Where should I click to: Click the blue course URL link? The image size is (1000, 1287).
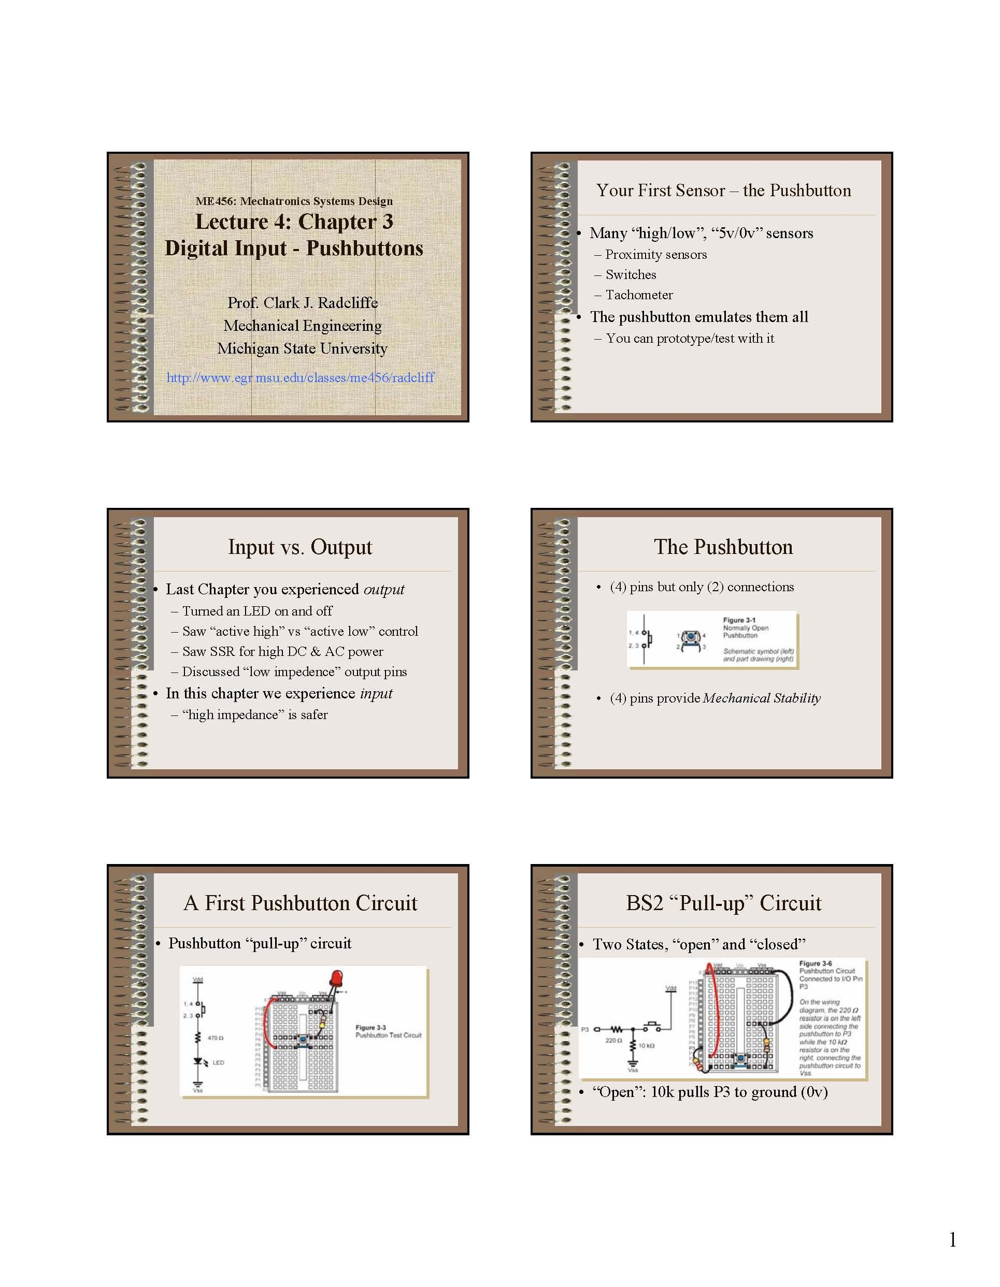pyautogui.click(x=300, y=378)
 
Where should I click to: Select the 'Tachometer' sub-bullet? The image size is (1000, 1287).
pyautogui.click(x=638, y=295)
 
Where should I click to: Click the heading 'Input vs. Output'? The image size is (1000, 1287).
pyautogui.click(x=299, y=547)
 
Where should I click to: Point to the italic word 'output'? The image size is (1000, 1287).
pyautogui.click(x=384, y=589)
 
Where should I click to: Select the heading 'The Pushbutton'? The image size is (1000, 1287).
pyautogui.click(x=723, y=547)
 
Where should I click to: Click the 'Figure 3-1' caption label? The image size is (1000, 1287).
pyautogui.click(x=739, y=620)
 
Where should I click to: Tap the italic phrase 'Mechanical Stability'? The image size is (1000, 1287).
pyautogui.click(x=761, y=698)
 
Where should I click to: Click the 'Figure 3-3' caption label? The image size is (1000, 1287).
pyautogui.click(x=370, y=1027)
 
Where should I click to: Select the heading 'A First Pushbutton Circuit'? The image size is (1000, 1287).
pyautogui.click(x=299, y=903)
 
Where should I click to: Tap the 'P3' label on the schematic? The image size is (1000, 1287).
pyautogui.click(x=585, y=1030)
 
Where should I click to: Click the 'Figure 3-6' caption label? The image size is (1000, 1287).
pyautogui.click(x=815, y=963)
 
